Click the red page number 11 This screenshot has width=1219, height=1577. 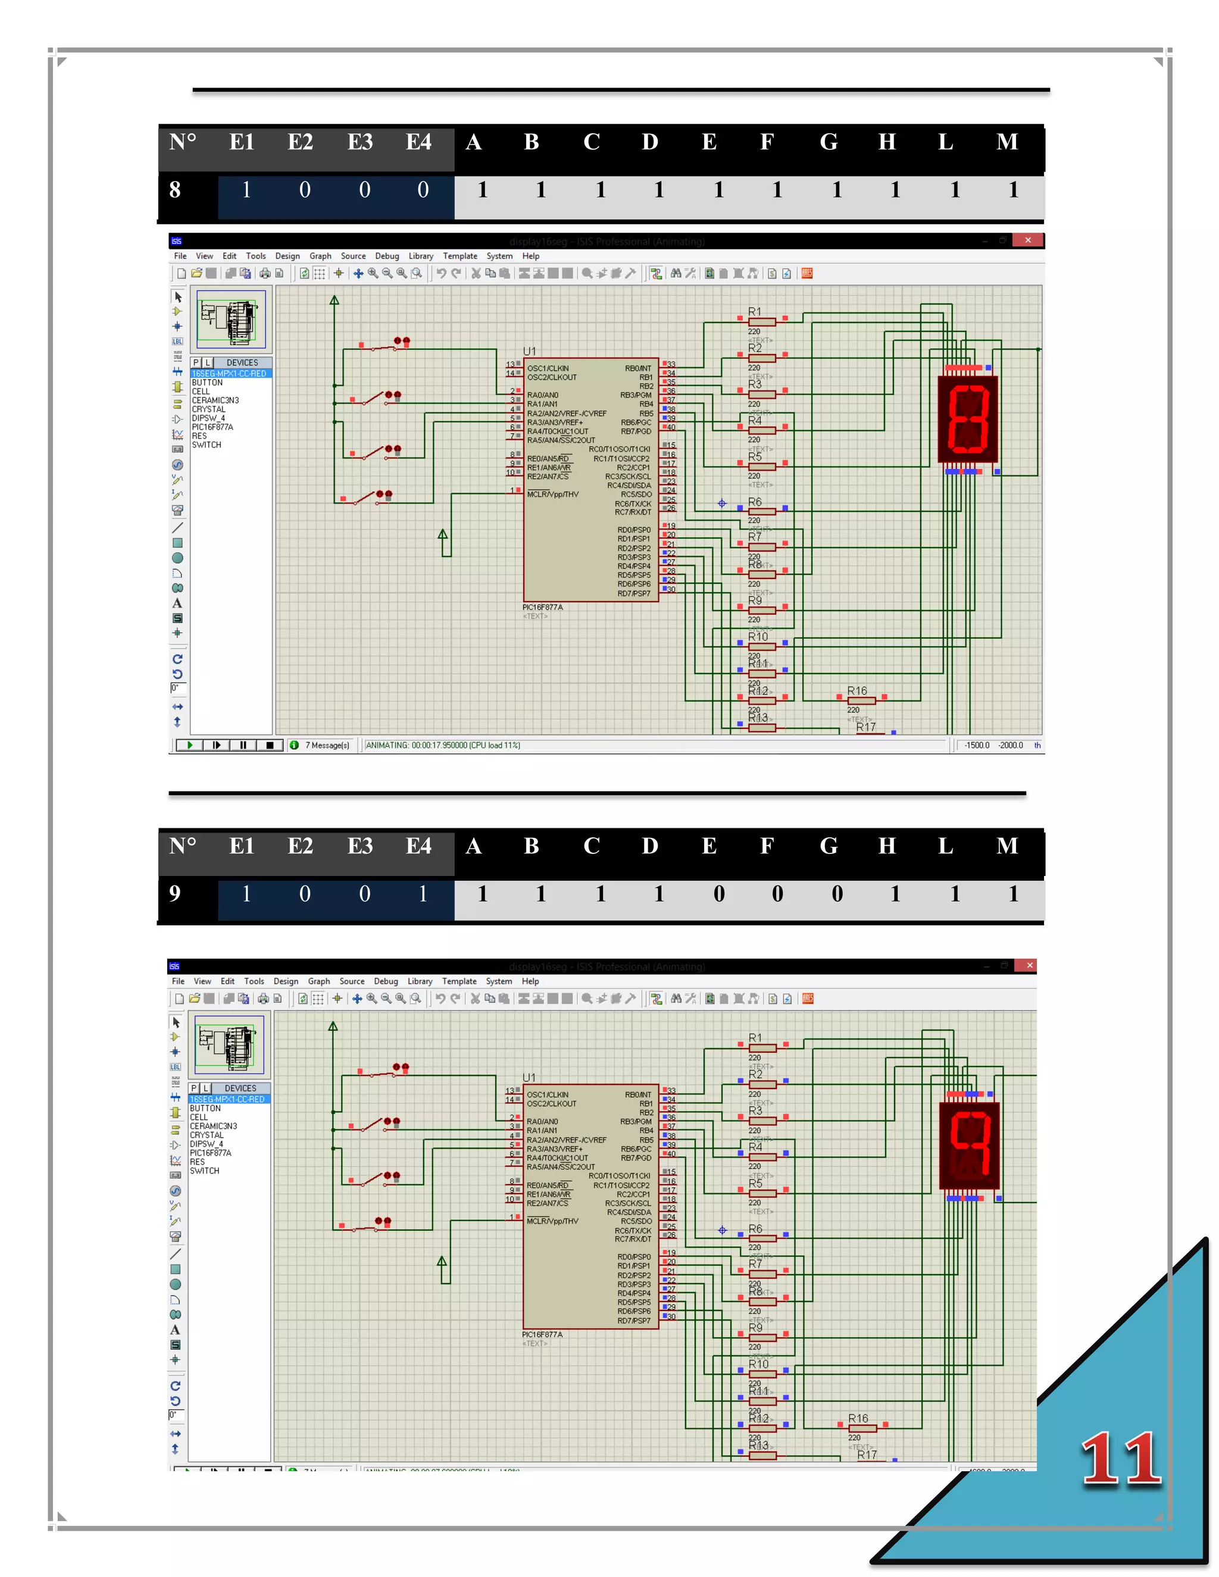click(1121, 1459)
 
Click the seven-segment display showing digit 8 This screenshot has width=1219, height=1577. click(968, 418)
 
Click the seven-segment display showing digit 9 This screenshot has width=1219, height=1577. click(969, 1144)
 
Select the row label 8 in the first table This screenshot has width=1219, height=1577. click(175, 190)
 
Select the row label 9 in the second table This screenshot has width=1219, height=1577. click(175, 894)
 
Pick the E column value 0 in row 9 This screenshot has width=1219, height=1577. click(718, 894)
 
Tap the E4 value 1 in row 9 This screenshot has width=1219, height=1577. click(423, 894)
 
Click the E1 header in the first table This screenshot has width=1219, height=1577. click(242, 142)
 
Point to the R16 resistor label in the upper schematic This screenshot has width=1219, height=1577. click(857, 691)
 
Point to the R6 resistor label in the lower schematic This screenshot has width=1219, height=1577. click(755, 1229)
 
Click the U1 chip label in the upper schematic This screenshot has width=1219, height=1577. click(529, 351)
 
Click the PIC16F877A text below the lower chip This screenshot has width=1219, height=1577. click(542, 1334)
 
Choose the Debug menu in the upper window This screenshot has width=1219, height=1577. click(387, 256)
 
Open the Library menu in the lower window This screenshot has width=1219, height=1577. click(420, 981)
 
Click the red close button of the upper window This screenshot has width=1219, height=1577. click(1027, 240)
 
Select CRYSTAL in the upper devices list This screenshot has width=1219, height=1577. click(209, 409)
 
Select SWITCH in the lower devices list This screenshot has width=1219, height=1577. click(204, 1171)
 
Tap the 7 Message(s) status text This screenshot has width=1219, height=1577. click(327, 745)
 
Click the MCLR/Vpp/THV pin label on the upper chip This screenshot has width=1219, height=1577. click(552, 495)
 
